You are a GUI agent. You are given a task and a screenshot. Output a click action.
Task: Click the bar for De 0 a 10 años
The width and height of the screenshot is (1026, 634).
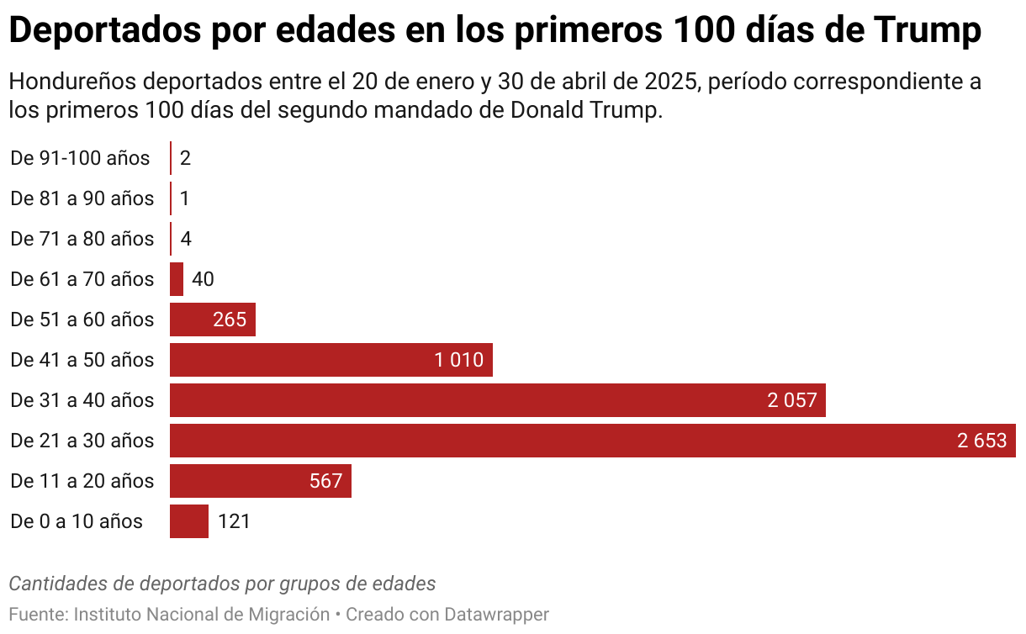point(188,521)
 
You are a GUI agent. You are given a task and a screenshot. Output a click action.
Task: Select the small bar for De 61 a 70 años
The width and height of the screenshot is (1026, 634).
point(177,279)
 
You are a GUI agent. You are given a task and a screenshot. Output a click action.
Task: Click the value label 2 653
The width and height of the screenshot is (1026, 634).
point(981,441)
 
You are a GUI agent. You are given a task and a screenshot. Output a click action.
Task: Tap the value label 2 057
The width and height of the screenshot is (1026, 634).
point(791,400)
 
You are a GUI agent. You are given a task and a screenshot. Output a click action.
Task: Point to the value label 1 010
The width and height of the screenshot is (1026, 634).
point(458,360)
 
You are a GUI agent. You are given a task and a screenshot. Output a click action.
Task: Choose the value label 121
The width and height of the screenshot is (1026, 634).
point(234,521)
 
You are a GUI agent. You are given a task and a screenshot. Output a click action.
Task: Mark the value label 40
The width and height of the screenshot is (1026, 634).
point(203,279)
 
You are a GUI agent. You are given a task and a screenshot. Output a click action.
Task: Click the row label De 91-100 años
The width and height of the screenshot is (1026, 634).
point(80,158)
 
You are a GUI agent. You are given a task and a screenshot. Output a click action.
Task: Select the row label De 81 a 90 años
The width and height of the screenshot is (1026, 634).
point(82,198)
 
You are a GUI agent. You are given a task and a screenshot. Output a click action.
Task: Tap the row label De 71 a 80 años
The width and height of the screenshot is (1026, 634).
point(82,239)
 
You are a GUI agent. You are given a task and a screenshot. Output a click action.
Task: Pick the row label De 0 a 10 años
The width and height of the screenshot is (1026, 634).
point(77,521)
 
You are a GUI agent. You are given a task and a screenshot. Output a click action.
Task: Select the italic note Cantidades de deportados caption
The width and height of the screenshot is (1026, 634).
point(222,584)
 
